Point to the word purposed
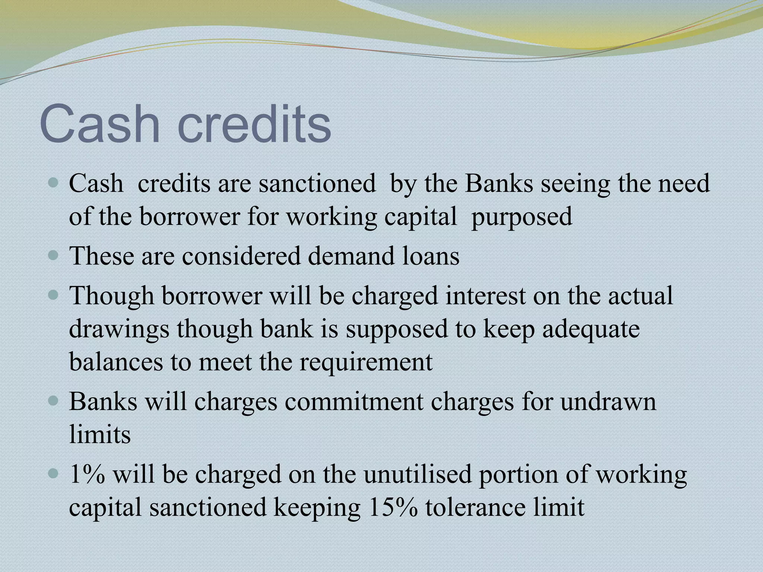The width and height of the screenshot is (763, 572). (x=522, y=217)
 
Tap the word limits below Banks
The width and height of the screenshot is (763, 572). (x=100, y=435)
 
